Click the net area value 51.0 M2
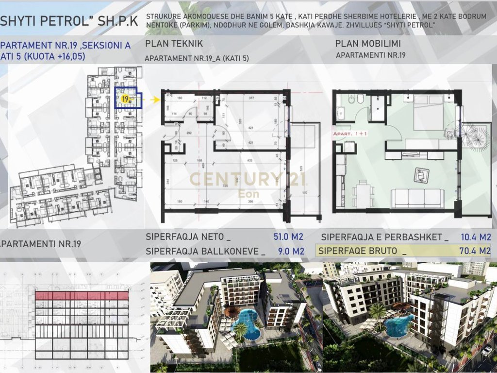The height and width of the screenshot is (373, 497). (288, 237)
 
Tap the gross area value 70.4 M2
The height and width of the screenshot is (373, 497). (475, 251)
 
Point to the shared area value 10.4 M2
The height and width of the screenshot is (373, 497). (475, 237)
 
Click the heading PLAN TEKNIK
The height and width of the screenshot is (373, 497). (174, 44)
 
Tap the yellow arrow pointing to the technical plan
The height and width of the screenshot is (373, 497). (155, 100)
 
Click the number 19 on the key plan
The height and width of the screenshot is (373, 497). (125, 99)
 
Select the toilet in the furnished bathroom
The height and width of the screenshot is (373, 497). (360, 100)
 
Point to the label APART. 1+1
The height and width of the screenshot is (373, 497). (350, 133)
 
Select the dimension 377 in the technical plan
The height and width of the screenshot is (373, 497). (251, 98)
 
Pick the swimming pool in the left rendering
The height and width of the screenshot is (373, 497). (247, 324)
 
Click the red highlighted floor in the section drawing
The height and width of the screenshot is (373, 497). (82, 295)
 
